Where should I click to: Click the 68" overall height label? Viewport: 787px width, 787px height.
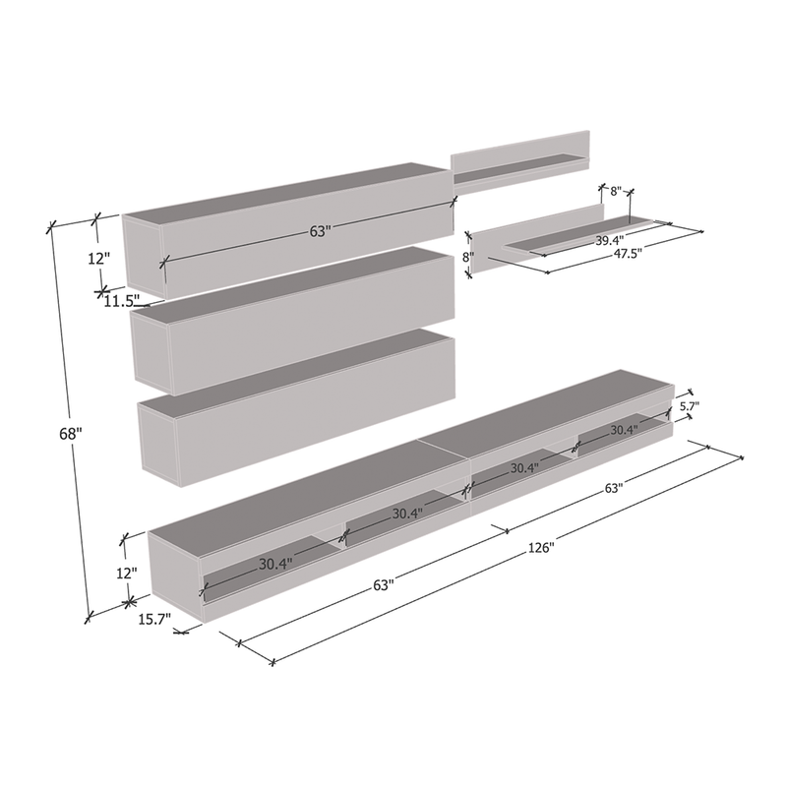70,433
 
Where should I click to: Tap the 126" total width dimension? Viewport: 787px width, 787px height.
540,547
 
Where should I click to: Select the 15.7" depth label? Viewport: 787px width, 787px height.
154,620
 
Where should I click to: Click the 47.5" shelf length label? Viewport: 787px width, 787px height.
628,254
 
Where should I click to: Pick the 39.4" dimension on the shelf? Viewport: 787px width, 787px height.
609,240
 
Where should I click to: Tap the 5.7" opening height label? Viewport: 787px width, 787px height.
690,405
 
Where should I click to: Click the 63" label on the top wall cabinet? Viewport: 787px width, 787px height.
321,231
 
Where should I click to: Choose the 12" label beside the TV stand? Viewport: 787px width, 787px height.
127,573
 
